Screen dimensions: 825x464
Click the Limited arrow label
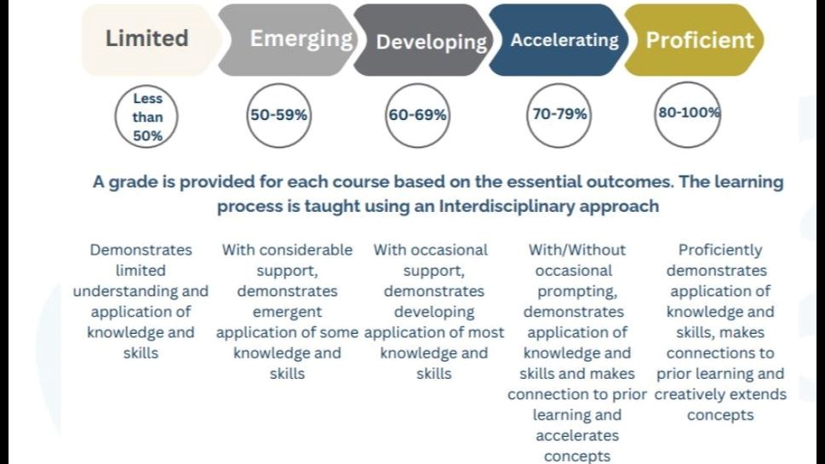[146, 38]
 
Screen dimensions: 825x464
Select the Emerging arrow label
[301, 39]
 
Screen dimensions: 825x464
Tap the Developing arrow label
[432, 42]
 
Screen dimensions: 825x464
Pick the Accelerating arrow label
[564, 40]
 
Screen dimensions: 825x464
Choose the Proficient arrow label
[700, 40]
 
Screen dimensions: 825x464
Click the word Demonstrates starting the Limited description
[140, 249]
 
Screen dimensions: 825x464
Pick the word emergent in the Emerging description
[287, 312]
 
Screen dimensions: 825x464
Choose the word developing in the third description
[434, 312]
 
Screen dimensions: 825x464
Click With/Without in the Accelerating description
[577, 249]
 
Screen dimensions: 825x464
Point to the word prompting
[577, 291]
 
